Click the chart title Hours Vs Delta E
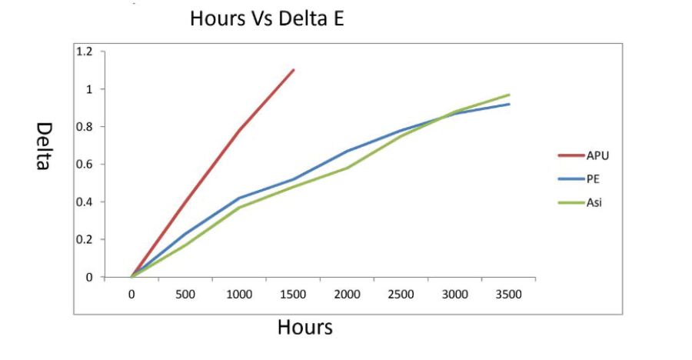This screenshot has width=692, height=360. (x=267, y=20)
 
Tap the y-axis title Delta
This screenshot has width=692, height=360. (x=44, y=146)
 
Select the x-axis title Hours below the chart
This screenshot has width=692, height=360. (x=304, y=328)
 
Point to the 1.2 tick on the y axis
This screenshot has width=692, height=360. (x=85, y=52)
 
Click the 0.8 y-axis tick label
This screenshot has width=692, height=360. (x=85, y=127)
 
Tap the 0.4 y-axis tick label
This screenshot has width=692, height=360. (x=85, y=202)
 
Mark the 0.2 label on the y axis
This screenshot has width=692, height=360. (x=85, y=240)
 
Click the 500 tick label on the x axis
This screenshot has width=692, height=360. (x=185, y=295)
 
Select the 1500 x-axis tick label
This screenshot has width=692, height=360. (x=293, y=295)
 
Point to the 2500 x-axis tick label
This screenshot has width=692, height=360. (x=401, y=295)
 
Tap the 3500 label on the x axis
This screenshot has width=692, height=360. (x=508, y=295)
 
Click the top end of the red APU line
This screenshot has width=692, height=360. (x=294, y=70)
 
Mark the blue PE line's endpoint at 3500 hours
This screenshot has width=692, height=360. (x=509, y=104)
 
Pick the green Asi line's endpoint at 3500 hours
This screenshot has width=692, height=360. (x=509, y=95)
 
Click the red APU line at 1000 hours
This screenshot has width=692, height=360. (x=240, y=130)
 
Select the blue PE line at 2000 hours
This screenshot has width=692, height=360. (x=348, y=151)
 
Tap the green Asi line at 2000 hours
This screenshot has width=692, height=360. (x=348, y=168)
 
